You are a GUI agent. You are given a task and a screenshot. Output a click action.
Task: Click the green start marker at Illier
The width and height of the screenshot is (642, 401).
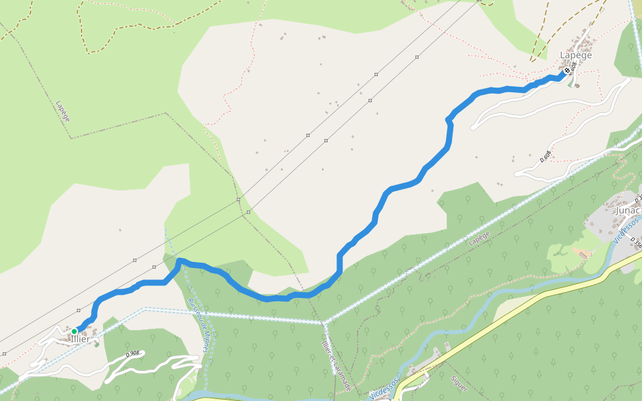coord(74,331)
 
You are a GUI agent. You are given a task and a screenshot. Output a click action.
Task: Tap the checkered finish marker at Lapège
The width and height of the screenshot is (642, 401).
coord(567,70)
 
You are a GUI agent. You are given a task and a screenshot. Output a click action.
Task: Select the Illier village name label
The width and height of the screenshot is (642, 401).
coord(79,339)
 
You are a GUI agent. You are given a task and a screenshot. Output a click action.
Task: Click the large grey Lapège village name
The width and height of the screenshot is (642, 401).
coord(576,55)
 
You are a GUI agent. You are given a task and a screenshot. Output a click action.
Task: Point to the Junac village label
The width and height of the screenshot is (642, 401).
coord(627,211)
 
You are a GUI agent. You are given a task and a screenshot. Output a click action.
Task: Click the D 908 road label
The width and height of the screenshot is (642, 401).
coord(132,353)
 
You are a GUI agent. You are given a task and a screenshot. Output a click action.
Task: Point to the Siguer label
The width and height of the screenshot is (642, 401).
coord(459,384)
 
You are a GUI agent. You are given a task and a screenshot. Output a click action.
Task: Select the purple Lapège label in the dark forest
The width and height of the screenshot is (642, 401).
coord(479,239)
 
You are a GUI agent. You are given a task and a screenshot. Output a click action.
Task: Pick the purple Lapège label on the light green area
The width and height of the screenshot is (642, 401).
coord(63,111)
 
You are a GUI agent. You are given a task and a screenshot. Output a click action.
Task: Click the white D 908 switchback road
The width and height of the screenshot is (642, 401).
coord(154,364)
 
